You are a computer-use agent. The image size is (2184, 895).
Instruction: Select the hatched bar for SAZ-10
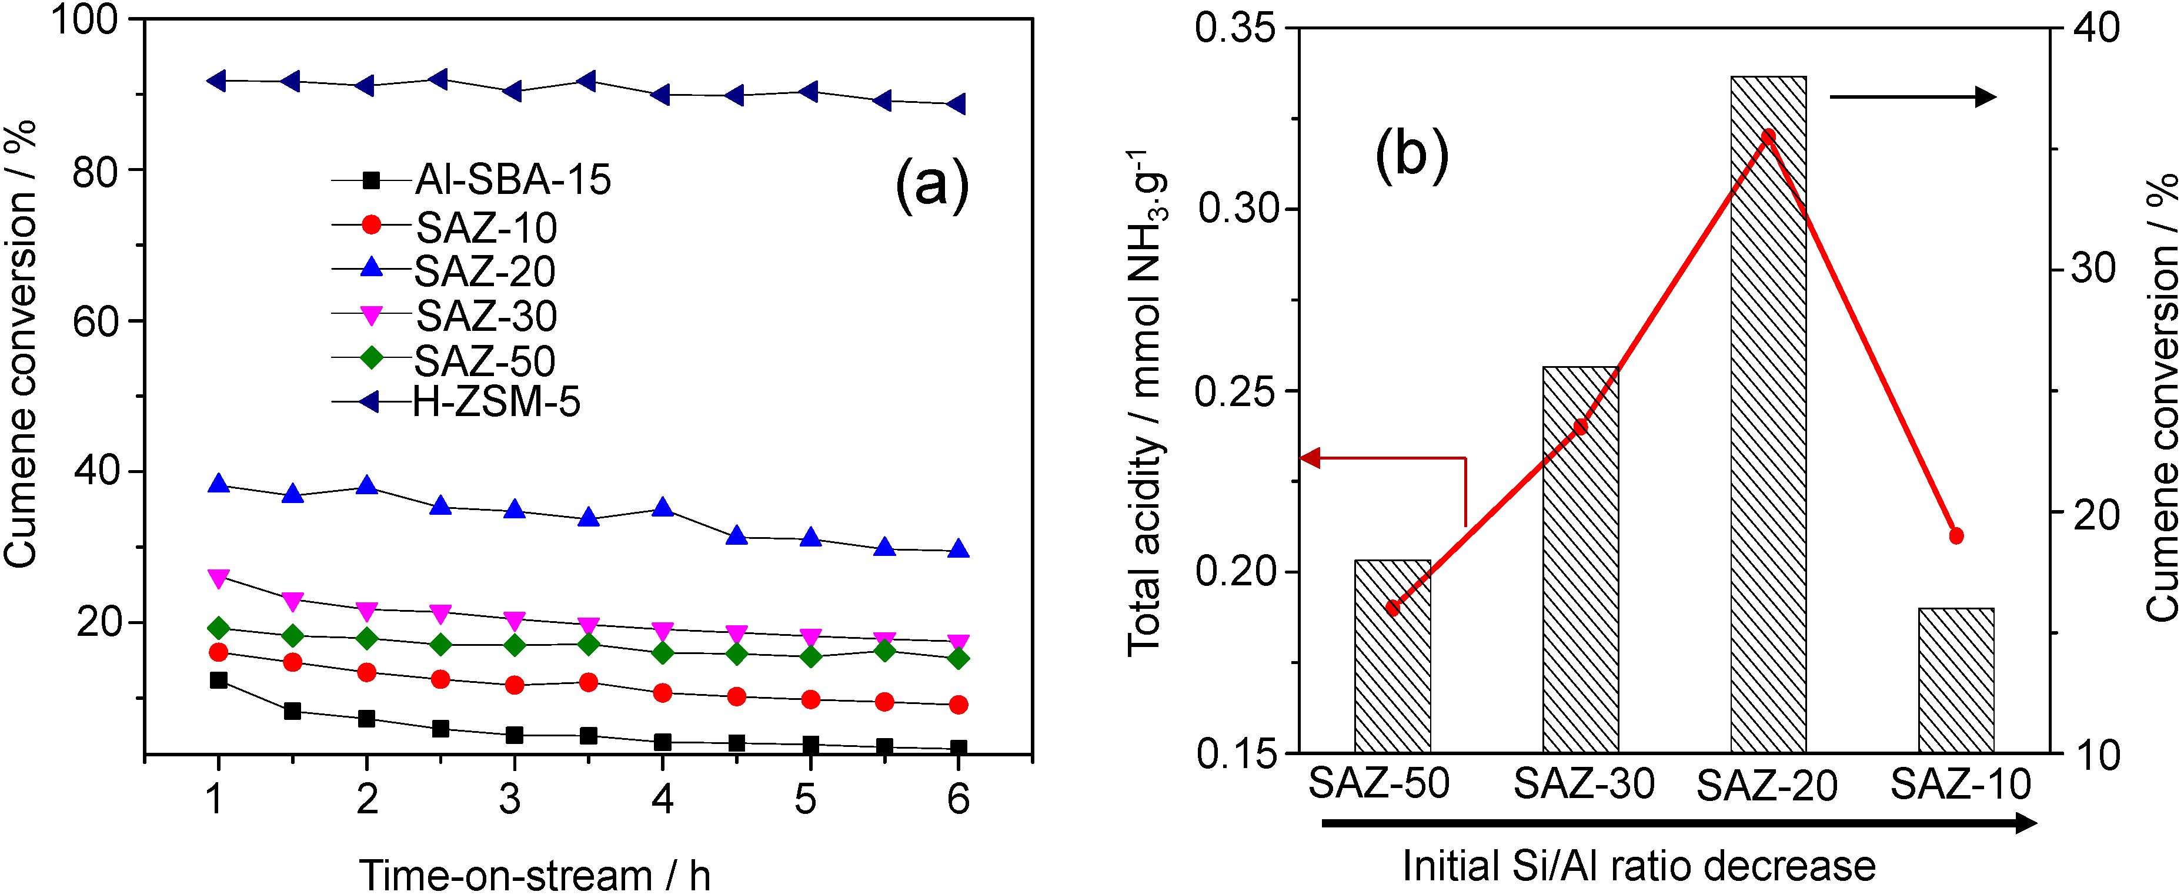[x=1956, y=680]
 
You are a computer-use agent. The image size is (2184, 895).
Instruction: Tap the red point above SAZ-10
[x=1956, y=535]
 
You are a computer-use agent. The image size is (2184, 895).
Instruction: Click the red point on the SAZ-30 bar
[x=1580, y=426]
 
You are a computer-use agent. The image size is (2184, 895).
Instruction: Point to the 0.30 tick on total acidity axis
[x=1238, y=209]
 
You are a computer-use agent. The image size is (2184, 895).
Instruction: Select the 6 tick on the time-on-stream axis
[x=958, y=799]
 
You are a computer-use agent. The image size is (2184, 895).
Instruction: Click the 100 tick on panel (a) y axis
[x=85, y=19]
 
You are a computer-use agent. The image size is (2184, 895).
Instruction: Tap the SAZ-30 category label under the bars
[x=1584, y=783]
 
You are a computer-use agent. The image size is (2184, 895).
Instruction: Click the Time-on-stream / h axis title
[x=534, y=874]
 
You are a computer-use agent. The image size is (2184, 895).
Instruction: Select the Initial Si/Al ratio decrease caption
[x=1638, y=866]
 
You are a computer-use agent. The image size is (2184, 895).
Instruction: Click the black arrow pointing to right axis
[x=1912, y=96]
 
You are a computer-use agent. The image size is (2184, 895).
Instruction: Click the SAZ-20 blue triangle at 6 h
[x=958, y=548]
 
